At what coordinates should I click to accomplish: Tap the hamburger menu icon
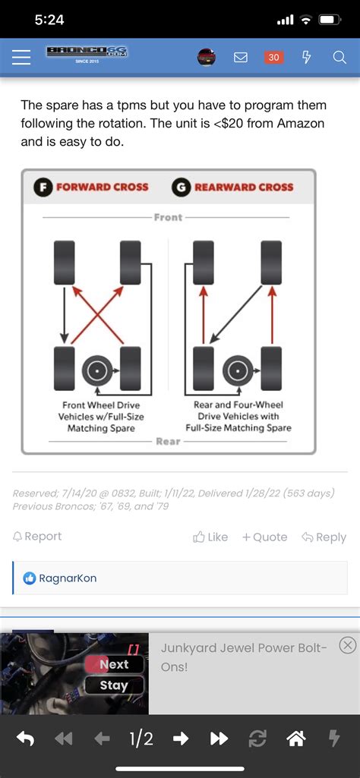pyautogui.click(x=21, y=58)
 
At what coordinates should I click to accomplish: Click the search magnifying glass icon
pyautogui.click(x=339, y=58)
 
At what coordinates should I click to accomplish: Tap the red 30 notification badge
pyautogui.click(x=273, y=58)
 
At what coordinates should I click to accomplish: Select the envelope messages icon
pyautogui.click(x=240, y=58)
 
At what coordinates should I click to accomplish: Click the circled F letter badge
pyautogui.click(x=43, y=187)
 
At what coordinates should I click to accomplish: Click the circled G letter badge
pyautogui.click(x=182, y=187)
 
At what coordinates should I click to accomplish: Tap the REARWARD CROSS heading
pyautogui.click(x=244, y=187)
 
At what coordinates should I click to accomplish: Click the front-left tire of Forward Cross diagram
pyautogui.click(x=64, y=263)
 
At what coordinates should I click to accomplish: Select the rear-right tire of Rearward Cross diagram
pyautogui.click(x=271, y=368)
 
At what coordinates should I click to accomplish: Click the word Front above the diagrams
pyautogui.click(x=168, y=217)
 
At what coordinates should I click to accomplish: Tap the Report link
pyautogui.click(x=37, y=537)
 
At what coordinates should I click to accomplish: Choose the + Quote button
pyautogui.click(x=264, y=537)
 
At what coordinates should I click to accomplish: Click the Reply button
pyautogui.click(x=324, y=537)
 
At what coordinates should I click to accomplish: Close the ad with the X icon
pyautogui.click(x=348, y=645)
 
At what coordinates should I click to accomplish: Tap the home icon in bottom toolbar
pyautogui.click(x=296, y=739)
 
